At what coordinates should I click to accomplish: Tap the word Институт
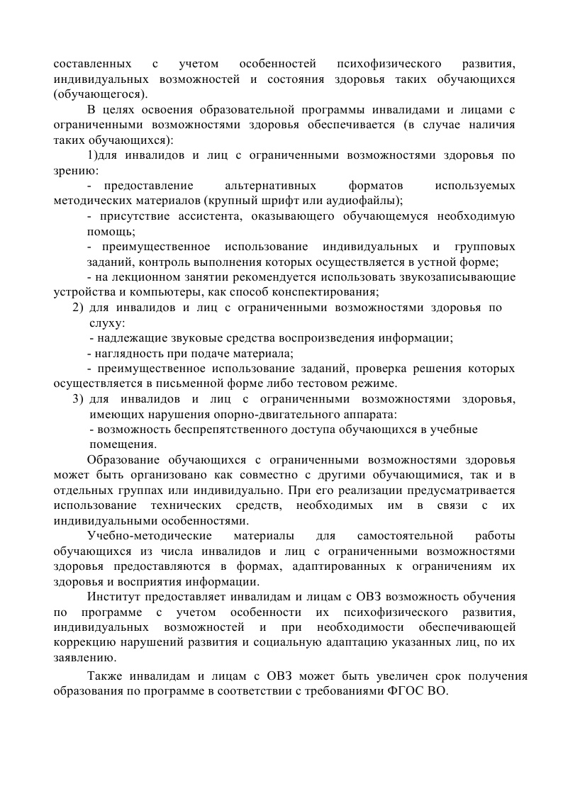point(113,596)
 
